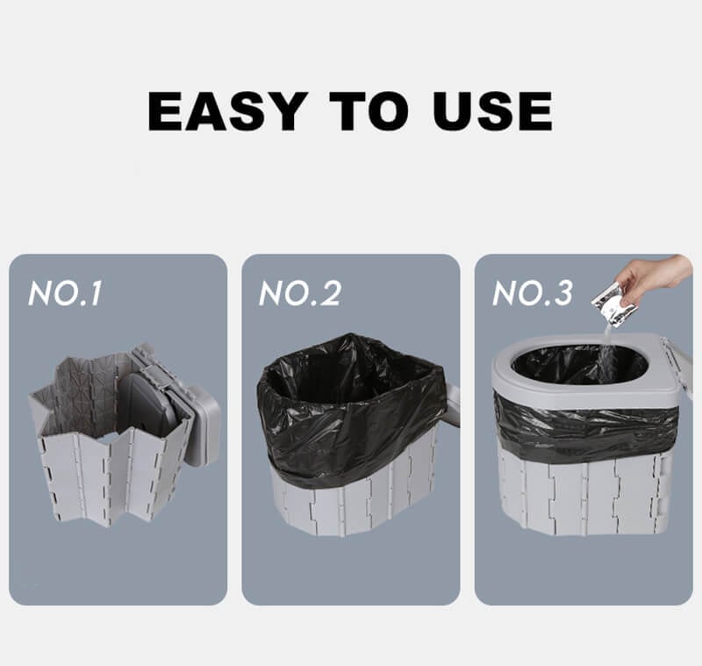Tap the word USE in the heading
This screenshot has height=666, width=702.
coord(492,111)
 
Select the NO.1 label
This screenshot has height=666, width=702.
coord(65,294)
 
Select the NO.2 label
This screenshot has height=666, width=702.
coord(299,294)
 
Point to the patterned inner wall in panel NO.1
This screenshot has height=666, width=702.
coord(83,386)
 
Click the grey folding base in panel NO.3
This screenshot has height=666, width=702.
coord(584,491)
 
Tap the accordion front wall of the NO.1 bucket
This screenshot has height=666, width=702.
coord(105,474)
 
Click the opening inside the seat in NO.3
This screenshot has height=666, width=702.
coord(579,364)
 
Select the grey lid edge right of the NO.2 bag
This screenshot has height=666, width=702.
coord(453,404)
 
